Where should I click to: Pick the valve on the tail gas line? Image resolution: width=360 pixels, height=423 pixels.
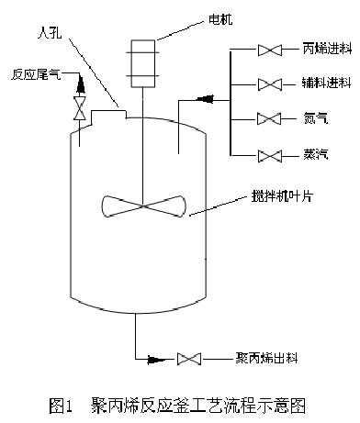tap(81, 111)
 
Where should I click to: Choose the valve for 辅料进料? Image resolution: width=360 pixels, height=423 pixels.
tap(269, 84)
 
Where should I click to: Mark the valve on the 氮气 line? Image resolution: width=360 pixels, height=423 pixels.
tap(269, 118)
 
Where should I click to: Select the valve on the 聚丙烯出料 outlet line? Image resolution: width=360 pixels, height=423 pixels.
tap(192, 358)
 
